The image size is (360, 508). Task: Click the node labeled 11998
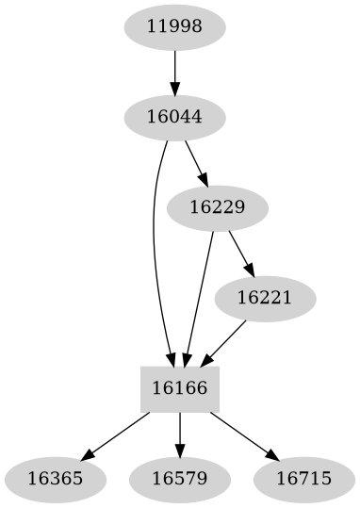pos(174,27)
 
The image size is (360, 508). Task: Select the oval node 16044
pos(174,117)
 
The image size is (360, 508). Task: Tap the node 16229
pos(217,207)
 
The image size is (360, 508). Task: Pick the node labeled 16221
pos(264,298)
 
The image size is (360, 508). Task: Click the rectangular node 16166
pos(180,388)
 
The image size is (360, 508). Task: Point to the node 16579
pos(180,478)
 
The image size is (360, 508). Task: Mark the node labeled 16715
pos(304,478)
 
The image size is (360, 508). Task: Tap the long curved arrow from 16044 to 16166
pos(154,245)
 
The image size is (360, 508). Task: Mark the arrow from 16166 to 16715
pos(242,434)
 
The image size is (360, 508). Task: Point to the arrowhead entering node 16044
pos(174,88)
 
